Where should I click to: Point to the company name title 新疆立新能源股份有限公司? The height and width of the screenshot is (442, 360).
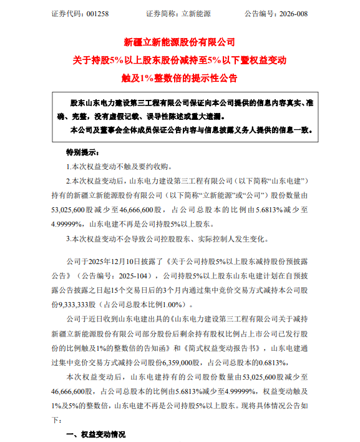pyautogui.click(x=179, y=42)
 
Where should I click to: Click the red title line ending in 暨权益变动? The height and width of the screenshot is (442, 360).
pyautogui.click(x=179, y=61)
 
